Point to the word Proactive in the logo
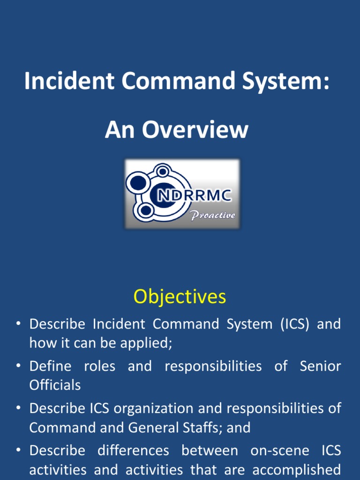pyautogui.click(x=212, y=216)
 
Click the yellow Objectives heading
pyautogui.click(x=180, y=297)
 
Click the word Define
pyautogui.click(x=50, y=366)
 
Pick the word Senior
pyautogui.click(x=320, y=366)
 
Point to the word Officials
pyautogui.click(x=55, y=385)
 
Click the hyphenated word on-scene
pyautogui.click(x=265, y=450)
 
